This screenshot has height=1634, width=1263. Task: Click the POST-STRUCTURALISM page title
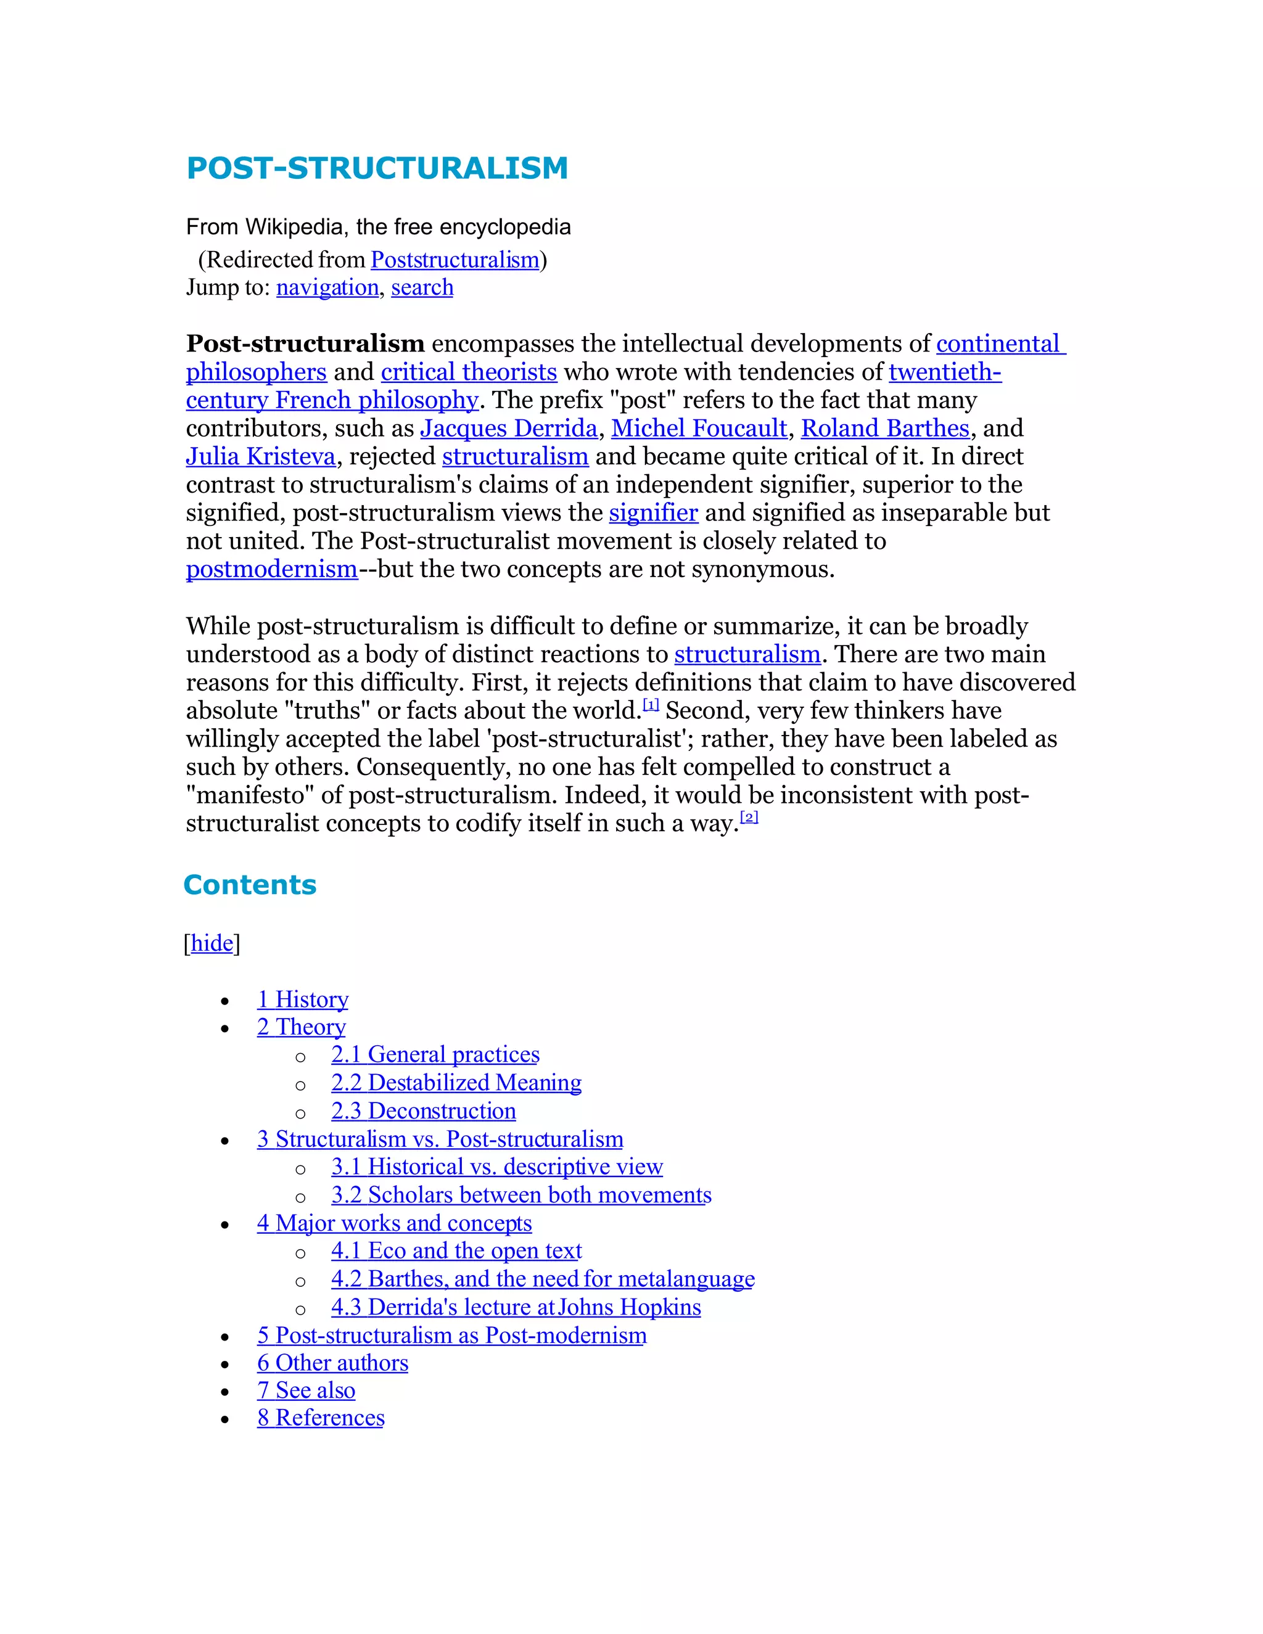tap(377, 168)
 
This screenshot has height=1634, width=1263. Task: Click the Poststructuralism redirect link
tap(455, 260)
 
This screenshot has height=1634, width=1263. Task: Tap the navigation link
tap(327, 287)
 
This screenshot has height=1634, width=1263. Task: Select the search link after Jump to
tap(422, 287)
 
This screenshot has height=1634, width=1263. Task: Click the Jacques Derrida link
tap(509, 428)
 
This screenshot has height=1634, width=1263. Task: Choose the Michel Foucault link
tap(699, 428)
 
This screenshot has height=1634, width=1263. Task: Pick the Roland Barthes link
tap(885, 428)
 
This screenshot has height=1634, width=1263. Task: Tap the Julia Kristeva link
tap(260, 456)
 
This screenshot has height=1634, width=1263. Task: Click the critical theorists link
tap(469, 372)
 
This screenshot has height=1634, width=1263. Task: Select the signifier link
tap(653, 512)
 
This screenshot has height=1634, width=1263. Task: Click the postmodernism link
tap(271, 569)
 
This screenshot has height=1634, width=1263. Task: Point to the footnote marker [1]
tap(651, 705)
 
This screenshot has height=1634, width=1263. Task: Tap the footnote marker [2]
tap(749, 818)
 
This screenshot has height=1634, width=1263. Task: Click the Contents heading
tap(250, 884)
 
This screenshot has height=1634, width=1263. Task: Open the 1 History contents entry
tap(303, 1000)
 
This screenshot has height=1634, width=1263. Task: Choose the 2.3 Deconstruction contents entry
tap(424, 1111)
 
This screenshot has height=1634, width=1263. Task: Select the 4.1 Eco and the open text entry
tap(456, 1251)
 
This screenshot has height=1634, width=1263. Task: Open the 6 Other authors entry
tap(333, 1363)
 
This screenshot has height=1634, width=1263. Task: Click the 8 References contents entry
tap(321, 1418)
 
